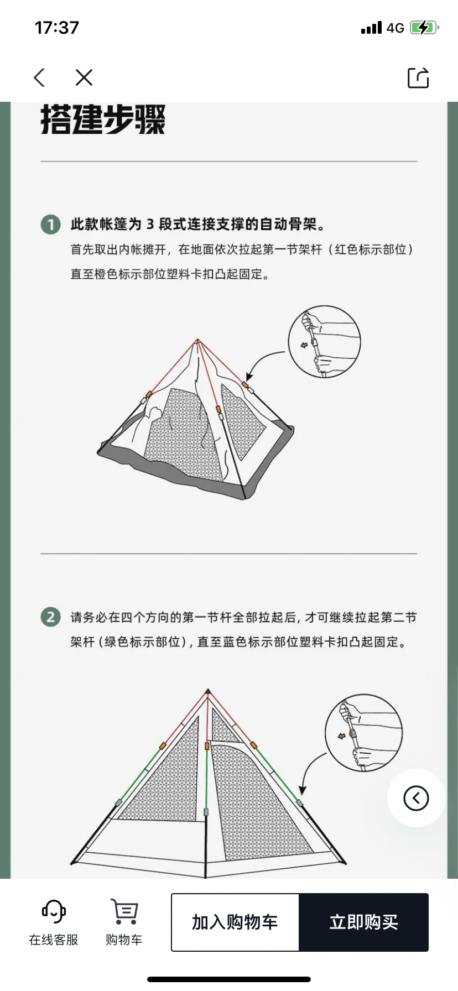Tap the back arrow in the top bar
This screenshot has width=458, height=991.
pyautogui.click(x=39, y=77)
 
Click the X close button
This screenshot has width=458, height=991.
pyautogui.click(x=84, y=77)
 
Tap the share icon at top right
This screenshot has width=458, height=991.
pyautogui.click(x=418, y=77)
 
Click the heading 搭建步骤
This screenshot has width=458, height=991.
pyautogui.click(x=103, y=119)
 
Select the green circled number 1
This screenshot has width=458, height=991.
pyautogui.click(x=51, y=225)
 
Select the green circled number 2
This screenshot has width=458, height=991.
pyautogui.click(x=51, y=617)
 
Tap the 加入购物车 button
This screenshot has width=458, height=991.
pyautogui.click(x=235, y=922)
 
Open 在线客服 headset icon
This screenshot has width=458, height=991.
pyautogui.click(x=54, y=911)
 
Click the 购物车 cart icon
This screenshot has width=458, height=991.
pyautogui.click(x=124, y=911)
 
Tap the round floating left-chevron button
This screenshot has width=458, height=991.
pyautogui.click(x=416, y=798)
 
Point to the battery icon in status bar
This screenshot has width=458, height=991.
pyautogui.click(x=424, y=28)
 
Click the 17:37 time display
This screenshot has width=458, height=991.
pyautogui.click(x=57, y=28)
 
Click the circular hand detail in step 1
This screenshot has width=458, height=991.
pyautogui.click(x=324, y=341)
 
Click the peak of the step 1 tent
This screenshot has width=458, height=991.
pyautogui.click(x=197, y=340)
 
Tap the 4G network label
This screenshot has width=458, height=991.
pyautogui.click(x=395, y=28)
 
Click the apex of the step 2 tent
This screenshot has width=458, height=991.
pyautogui.click(x=208, y=691)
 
